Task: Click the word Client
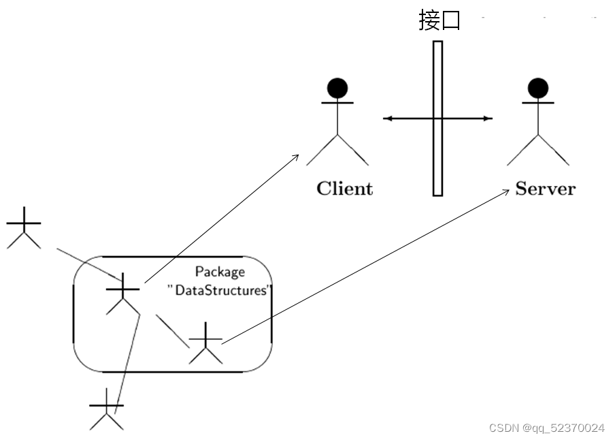344,189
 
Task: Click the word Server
545,189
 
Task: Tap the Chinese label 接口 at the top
439,20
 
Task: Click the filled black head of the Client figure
337,88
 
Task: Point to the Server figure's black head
538,88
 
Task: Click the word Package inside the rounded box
220,272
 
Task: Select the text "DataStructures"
219,290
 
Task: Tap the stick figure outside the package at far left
23,227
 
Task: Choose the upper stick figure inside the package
122,294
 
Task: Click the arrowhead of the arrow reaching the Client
296,156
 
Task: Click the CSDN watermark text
546,428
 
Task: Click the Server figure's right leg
554,151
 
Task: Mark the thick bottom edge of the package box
172,372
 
